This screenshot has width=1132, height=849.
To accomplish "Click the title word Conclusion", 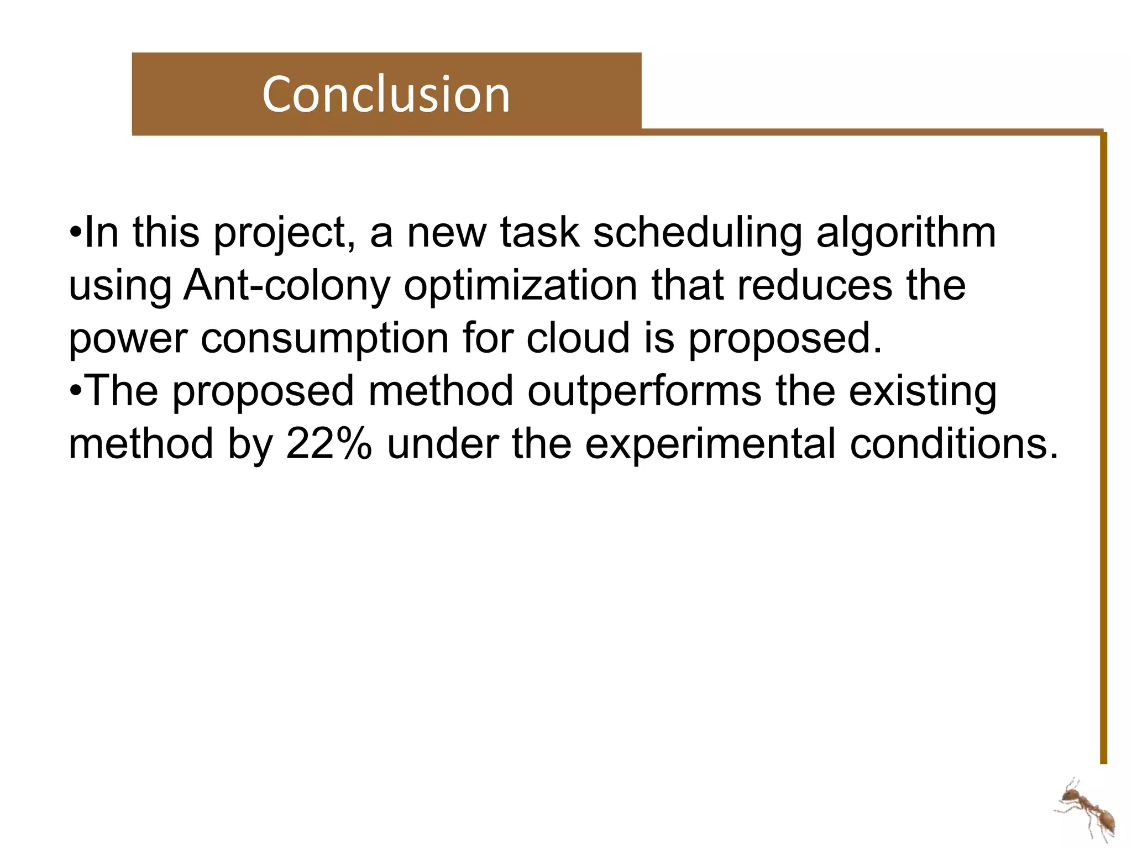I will [386, 95].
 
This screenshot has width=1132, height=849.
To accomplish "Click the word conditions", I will [953, 444].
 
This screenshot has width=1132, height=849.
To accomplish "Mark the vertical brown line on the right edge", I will [1103, 442].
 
